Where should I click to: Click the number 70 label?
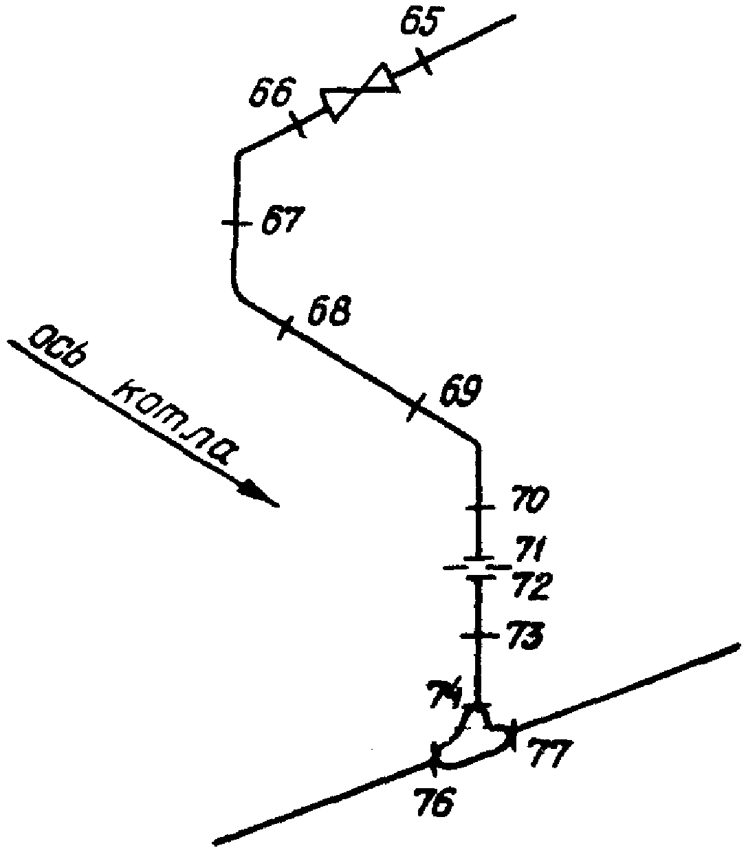tap(527, 499)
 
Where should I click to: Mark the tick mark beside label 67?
tap(237, 223)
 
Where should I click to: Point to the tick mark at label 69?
tap(414, 406)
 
